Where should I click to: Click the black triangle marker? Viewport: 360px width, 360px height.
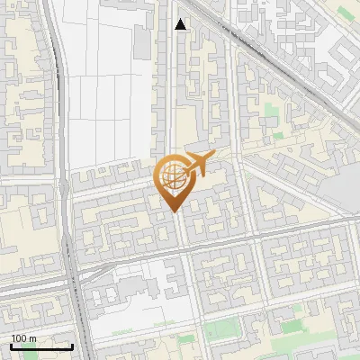181,24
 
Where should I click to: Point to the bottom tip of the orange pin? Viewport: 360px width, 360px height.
174,211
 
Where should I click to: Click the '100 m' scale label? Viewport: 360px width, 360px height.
23,338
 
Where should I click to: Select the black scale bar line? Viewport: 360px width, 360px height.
41,346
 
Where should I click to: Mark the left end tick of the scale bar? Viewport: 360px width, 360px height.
11,345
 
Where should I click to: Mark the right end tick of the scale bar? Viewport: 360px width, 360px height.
72,345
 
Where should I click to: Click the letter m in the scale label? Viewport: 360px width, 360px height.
32,338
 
